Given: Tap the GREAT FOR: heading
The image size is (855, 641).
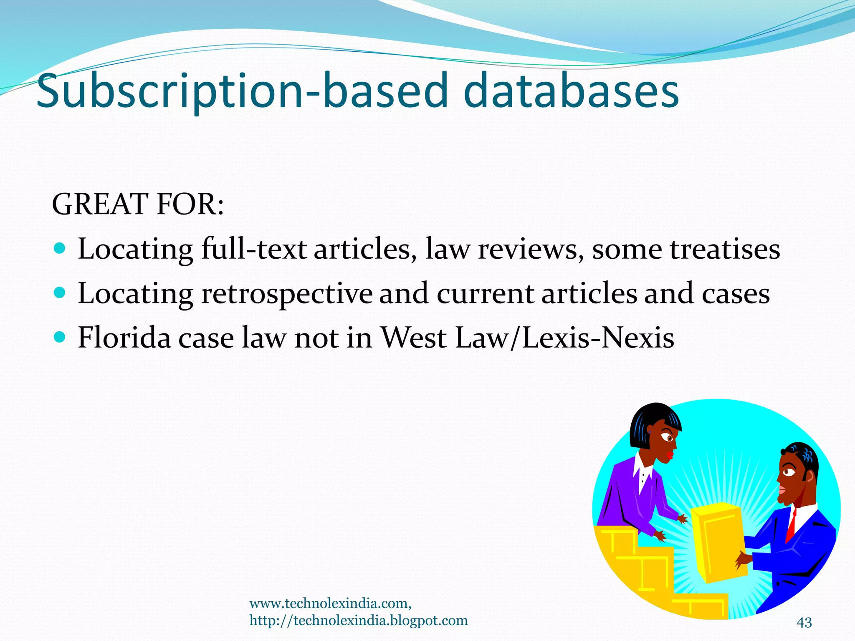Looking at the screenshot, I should tap(138, 204).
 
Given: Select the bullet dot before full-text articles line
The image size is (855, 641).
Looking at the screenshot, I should tap(60, 249).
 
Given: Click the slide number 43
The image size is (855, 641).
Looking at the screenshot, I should tap(804, 622).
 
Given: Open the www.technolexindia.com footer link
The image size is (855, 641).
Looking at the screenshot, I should tap(330, 603).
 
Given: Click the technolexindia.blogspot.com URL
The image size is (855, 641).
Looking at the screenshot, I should tap(359, 621).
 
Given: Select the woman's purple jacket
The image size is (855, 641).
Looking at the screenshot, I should tap(626, 492).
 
